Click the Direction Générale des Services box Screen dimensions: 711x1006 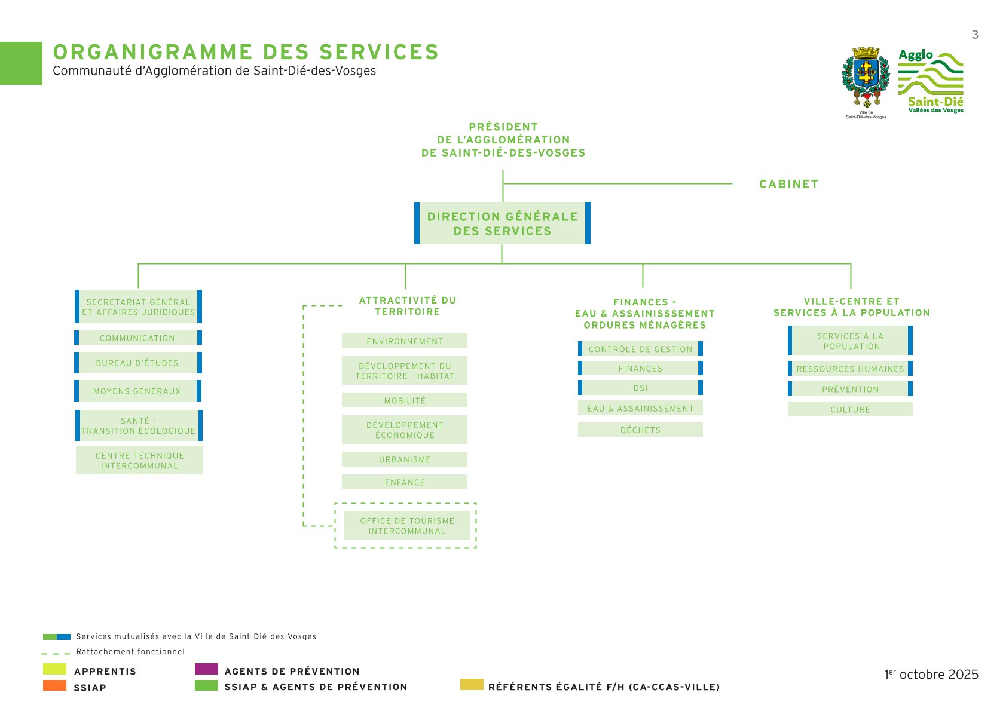502,223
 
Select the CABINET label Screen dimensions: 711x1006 788,184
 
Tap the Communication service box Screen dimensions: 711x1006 138,338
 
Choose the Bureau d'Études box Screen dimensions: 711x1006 138,363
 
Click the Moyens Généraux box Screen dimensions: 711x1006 138,391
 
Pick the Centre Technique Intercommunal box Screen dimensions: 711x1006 139,461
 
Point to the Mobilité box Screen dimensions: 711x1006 405,400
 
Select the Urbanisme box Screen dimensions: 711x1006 405,459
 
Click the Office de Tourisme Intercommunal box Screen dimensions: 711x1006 407,526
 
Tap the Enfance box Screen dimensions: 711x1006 405,482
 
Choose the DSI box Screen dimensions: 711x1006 640,388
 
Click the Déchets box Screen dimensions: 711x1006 640,430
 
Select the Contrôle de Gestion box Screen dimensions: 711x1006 640,349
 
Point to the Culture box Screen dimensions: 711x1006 850,409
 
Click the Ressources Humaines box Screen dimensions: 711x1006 850,369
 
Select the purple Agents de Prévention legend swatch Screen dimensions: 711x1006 206,669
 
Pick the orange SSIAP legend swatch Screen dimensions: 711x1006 54,685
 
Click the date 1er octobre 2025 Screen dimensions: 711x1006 931,675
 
